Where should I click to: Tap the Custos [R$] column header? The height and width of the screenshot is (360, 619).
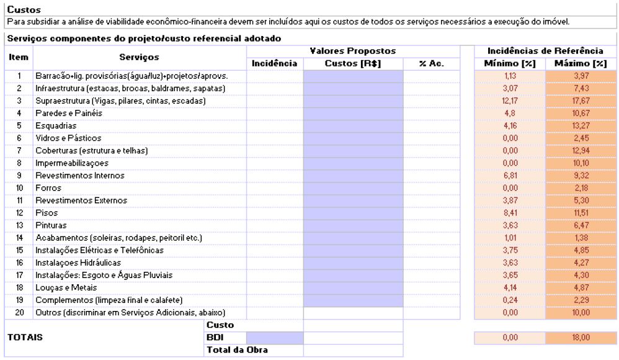click(x=353, y=63)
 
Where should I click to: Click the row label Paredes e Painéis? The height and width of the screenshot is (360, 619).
click(x=61, y=113)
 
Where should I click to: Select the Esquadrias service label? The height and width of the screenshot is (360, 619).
click(x=51, y=125)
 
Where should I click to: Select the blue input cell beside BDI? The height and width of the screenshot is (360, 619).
click(x=275, y=337)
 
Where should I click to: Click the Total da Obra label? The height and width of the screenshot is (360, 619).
click(x=228, y=349)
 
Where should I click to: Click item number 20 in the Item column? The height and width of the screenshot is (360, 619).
click(x=19, y=312)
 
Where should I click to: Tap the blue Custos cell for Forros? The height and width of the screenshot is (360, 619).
click(x=353, y=187)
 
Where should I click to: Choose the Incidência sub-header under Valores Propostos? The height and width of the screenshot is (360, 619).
click(x=275, y=63)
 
